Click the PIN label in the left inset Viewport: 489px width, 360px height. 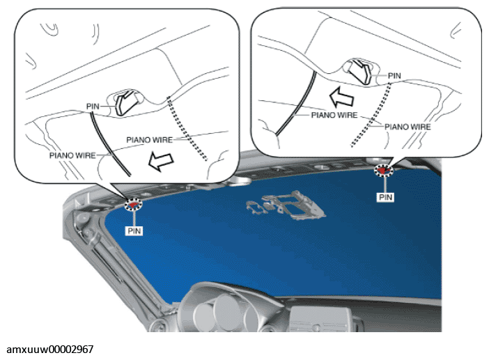(93, 107)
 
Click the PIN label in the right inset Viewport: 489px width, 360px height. (394, 76)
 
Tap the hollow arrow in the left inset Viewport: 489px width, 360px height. (161, 162)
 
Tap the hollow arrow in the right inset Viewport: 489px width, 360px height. (342, 97)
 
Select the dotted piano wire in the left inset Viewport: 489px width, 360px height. (187, 128)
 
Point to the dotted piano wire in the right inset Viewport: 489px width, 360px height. (371, 114)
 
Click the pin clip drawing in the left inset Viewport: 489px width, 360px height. (125, 101)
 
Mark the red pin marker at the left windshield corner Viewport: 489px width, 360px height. (133, 205)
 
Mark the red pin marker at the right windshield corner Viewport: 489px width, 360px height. (385, 170)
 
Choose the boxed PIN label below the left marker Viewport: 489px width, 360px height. (134, 231)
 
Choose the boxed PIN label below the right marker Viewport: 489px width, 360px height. (385, 197)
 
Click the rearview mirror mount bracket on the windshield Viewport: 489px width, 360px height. (286, 205)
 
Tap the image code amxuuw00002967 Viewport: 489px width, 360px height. (50, 350)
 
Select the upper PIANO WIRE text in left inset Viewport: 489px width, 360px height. (149, 140)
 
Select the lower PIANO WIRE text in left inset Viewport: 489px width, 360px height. (72, 155)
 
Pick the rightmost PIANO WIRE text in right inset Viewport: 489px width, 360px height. (407, 127)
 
